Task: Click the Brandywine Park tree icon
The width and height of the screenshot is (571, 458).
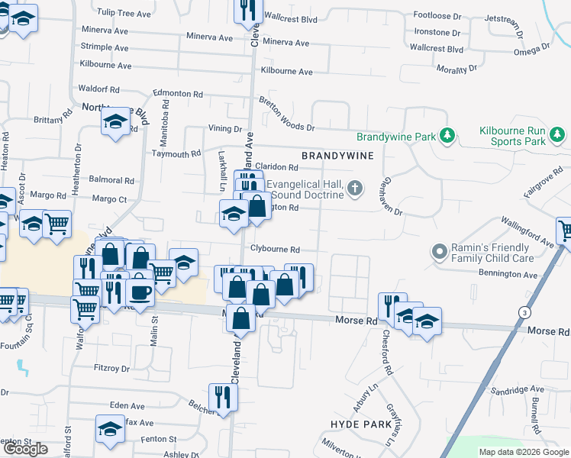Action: tap(447, 137)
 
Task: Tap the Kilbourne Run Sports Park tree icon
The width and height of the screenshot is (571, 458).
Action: tap(558, 136)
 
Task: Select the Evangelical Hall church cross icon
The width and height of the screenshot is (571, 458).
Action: tap(354, 188)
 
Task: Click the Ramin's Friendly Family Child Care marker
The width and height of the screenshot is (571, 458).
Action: tap(439, 250)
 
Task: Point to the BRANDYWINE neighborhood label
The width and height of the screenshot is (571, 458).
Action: tap(337, 156)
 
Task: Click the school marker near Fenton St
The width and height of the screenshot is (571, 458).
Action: tap(110, 428)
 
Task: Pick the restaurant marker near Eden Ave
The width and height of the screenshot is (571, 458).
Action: tap(224, 396)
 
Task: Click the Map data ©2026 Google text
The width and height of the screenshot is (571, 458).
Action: tap(524, 452)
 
